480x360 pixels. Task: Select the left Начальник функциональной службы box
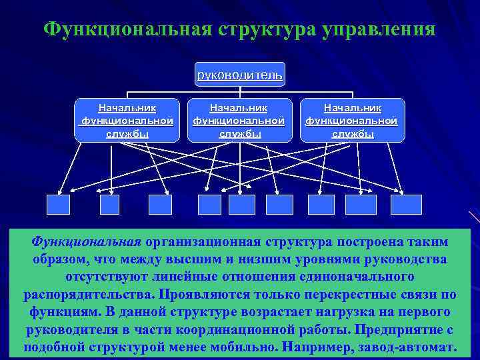[x=127, y=120]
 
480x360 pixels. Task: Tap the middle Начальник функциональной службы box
[x=239, y=120]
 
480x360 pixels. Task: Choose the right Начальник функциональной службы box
[x=352, y=120]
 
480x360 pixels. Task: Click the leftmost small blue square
[x=59, y=204]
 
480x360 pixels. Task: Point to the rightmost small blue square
[x=406, y=204]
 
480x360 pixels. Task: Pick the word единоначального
[x=361, y=276]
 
